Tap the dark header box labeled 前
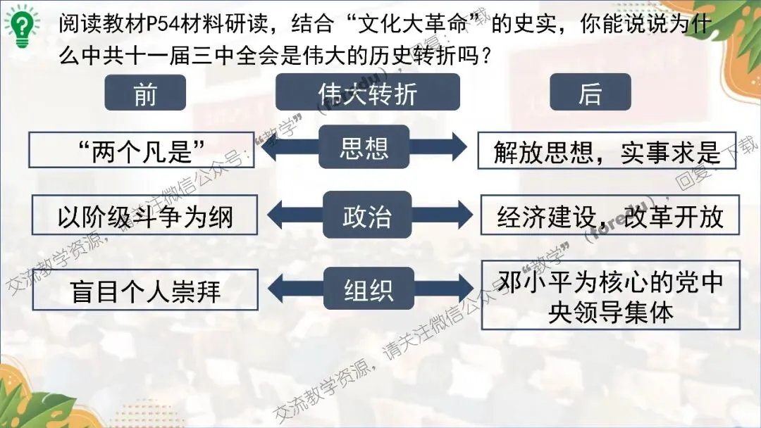(145, 93)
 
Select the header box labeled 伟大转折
(367, 93)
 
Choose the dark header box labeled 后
(590, 93)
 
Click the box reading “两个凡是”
(143, 151)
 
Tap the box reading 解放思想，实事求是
(607, 151)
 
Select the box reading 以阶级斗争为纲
(145, 216)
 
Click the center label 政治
(366, 215)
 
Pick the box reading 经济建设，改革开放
(610, 215)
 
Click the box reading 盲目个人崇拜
(145, 289)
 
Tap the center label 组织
(368, 289)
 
